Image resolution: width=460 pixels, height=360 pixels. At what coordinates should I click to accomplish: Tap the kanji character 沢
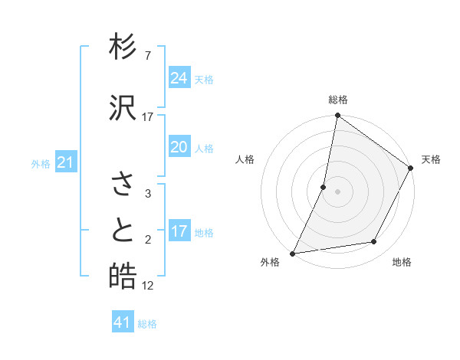(123, 108)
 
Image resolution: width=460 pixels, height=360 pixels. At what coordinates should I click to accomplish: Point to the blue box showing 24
(179, 78)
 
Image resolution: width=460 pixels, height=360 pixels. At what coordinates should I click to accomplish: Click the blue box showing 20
(179, 148)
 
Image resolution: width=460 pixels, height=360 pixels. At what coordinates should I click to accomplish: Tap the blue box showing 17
(179, 232)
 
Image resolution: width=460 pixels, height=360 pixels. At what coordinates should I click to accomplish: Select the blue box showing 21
(66, 162)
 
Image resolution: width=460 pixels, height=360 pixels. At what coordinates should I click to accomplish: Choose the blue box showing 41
(123, 323)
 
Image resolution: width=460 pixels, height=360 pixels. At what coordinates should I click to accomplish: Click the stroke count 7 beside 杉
(148, 56)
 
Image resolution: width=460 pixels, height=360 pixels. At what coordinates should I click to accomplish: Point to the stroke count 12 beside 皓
(148, 286)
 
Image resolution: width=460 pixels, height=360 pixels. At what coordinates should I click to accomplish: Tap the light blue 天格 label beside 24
(204, 80)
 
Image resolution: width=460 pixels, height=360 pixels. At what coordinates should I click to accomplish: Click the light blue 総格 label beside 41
(148, 325)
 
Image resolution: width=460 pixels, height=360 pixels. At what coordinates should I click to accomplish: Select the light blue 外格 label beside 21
(41, 164)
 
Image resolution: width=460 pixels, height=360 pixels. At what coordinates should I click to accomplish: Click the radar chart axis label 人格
(245, 159)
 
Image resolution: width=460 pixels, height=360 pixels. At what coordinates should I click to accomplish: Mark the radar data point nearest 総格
(337, 116)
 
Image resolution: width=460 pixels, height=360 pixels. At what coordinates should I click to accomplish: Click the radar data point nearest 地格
(374, 242)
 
